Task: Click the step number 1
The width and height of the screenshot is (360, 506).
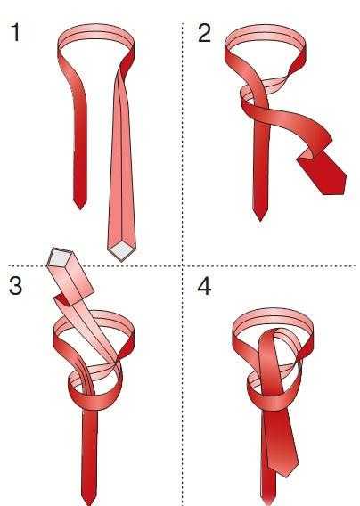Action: (x=16, y=33)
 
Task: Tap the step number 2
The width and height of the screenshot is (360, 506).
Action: (x=204, y=33)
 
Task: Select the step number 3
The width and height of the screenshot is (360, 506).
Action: (x=15, y=285)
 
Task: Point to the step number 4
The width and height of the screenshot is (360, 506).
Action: (x=204, y=285)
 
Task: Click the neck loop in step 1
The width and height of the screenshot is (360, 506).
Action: (x=96, y=32)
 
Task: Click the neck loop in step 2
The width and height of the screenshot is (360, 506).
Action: (x=265, y=33)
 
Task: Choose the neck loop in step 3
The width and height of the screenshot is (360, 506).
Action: (x=94, y=316)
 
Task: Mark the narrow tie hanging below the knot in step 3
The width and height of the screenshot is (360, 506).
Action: (x=89, y=458)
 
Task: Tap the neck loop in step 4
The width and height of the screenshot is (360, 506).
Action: (x=273, y=314)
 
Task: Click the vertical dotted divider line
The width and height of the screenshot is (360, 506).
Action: (x=183, y=265)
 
